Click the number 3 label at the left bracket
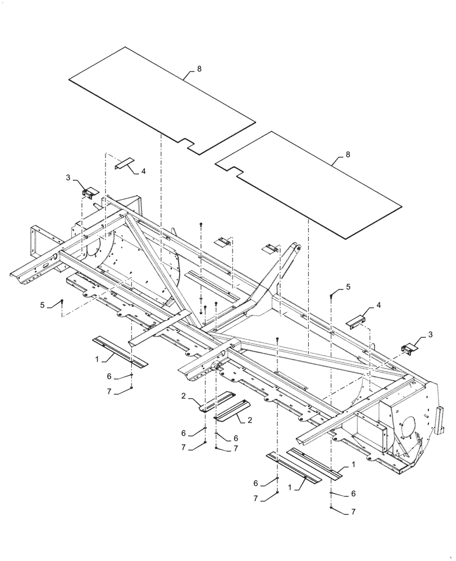(69, 177)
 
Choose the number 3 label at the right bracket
(431, 334)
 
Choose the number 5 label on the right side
(348, 287)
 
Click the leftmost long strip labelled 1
(120, 351)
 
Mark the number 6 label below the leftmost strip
(109, 376)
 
